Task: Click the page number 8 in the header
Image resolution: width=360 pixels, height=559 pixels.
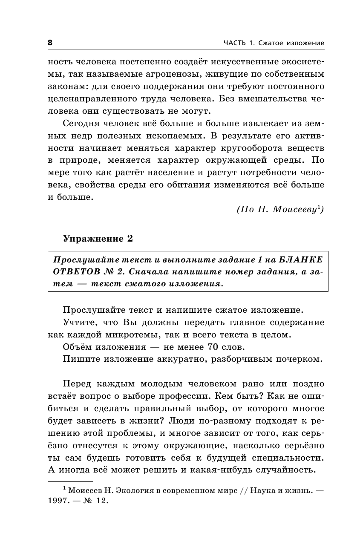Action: click(50, 43)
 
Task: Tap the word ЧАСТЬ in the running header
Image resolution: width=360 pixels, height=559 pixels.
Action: click(235, 43)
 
